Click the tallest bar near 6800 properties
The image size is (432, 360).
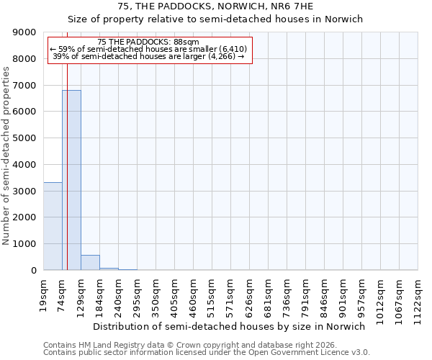click(x=71, y=180)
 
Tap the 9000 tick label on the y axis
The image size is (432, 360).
click(x=25, y=32)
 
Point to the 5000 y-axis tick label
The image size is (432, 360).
click(x=25, y=138)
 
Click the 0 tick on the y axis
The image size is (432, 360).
click(x=33, y=271)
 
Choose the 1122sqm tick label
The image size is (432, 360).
click(x=418, y=297)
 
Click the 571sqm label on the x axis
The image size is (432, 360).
click(x=231, y=294)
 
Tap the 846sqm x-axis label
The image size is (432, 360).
click(x=325, y=294)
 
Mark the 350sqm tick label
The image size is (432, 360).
click(x=156, y=294)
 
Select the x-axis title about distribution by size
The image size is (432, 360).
click(x=229, y=326)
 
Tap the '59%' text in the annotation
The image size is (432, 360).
click(x=66, y=49)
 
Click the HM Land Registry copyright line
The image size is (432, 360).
click(x=190, y=345)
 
